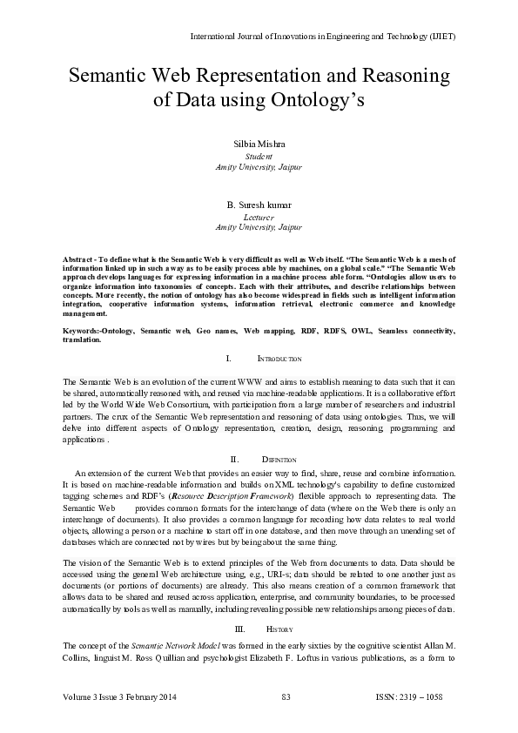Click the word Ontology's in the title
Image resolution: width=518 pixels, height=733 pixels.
point(317,99)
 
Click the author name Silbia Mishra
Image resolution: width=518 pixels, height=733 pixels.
point(259,143)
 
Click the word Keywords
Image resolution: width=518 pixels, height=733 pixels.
point(84,332)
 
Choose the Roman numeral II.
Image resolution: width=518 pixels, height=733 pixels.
point(234,459)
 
